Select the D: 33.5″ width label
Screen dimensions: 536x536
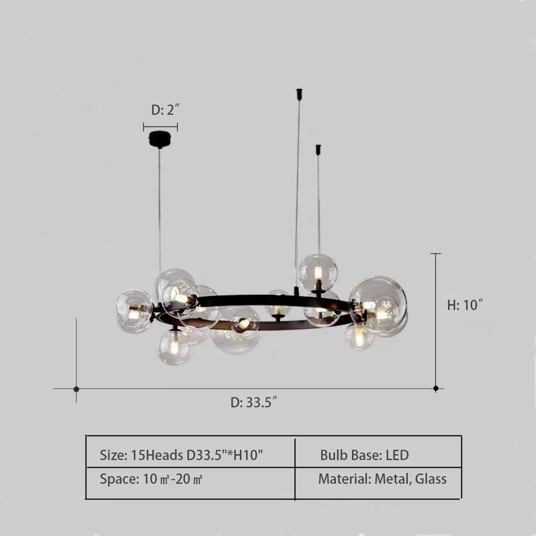254,402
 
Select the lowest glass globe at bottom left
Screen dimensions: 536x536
174,347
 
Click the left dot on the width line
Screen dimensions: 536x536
76,389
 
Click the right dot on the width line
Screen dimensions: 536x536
436,388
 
